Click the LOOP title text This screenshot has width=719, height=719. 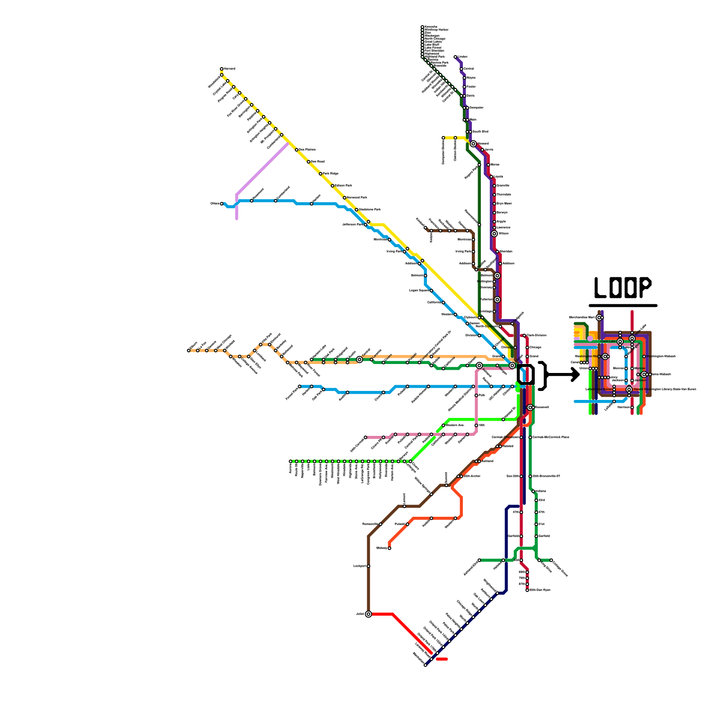[622, 288]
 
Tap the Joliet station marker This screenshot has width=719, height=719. [368, 614]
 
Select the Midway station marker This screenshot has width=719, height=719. [389, 548]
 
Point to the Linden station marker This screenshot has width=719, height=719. [455, 57]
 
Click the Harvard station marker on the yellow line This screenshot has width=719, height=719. [222, 69]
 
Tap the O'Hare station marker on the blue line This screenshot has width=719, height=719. [222, 204]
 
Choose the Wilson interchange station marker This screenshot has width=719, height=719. [494, 234]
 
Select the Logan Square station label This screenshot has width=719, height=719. [419, 291]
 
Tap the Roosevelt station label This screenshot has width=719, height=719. [541, 408]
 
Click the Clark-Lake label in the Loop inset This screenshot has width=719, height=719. [608, 342]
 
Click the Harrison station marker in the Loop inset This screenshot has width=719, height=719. [632, 408]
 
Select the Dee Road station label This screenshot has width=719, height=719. [318, 161]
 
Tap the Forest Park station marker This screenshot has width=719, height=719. [300, 386]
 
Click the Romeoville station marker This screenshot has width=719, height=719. [381, 524]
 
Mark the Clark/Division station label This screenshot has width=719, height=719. [536, 335]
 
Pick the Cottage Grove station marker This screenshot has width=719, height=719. [551, 560]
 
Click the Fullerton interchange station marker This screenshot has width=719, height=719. [497, 300]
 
